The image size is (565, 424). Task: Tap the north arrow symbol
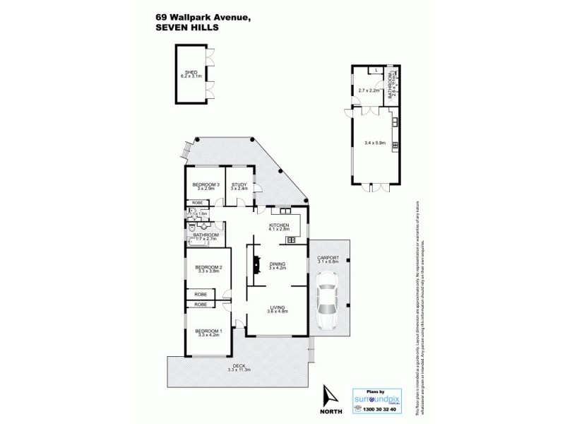(x=326, y=392)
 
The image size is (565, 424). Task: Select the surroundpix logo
(x=376, y=398)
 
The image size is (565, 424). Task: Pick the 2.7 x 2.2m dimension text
(x=369, y=90)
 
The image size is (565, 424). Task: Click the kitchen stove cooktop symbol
(x=290, y=240)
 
